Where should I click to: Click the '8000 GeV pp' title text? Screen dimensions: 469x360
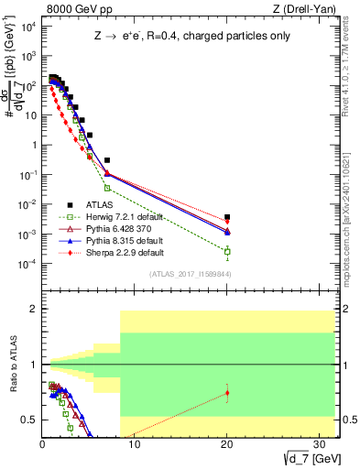pos(71,8)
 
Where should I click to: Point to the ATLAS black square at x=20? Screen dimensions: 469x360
pos(227,217)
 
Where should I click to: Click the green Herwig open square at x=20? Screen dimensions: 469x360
pos(227,251)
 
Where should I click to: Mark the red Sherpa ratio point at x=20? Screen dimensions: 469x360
pos(227,393)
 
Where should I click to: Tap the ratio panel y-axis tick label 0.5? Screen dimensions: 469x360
pos(29,420)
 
